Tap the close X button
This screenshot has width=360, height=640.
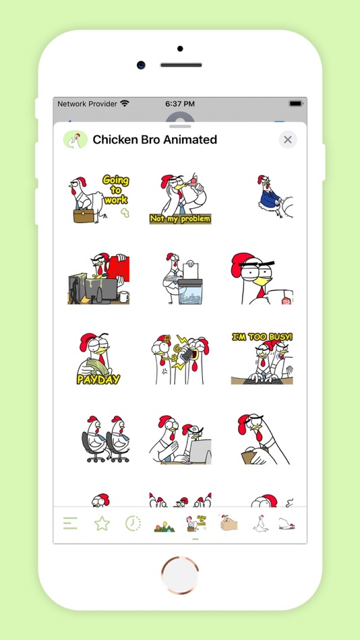[288, 139]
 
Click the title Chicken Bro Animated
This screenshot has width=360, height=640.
[154, 139]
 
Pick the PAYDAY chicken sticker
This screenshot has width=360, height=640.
[98, 358]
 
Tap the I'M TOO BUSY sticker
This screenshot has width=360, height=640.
[262, 358]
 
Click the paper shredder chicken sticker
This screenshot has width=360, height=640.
[180, 279]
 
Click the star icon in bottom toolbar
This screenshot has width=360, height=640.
[102, 523]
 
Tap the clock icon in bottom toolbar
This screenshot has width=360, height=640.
[133, 523]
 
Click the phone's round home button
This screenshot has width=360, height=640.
[180, 575]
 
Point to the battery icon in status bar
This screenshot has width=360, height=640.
[295, 104]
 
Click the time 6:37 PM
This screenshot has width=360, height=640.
[180, 104]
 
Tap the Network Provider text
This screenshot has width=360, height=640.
[87, 104]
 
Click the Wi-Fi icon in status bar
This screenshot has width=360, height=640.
[124, 104]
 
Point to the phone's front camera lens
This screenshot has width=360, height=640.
[141, 65]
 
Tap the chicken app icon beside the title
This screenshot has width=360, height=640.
[76, 139]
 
